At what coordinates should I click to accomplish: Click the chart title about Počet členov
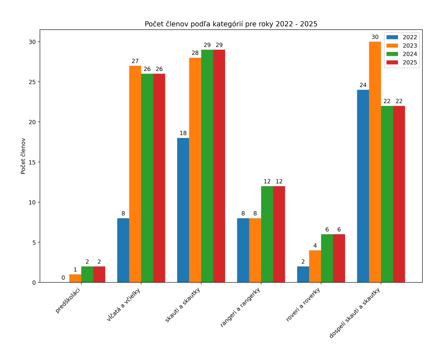(231, 24)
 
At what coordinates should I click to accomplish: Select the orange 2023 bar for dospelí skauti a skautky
(375, 162)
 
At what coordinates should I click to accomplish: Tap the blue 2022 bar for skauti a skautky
(183, 210)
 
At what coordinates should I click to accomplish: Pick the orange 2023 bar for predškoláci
(75, 278)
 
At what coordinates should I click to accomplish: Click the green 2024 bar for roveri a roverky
(327, 258)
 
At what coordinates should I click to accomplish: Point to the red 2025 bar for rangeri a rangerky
(279, 234)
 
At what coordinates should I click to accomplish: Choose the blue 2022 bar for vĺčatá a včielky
(123, 250)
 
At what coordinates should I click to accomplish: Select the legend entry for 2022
(401, 37)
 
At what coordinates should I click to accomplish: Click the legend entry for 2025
(401, 63)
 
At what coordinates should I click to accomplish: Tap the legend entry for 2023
(401, 46)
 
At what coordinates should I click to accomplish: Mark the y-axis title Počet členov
(23, 156)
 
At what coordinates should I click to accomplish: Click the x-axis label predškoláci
(68, 300)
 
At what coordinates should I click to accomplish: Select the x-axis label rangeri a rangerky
(241, 308)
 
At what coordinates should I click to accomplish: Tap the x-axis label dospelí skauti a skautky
(355, 313)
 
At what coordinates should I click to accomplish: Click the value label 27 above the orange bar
(135, 61)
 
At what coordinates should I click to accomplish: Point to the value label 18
(183, 133)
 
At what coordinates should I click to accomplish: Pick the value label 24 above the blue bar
(363, 85)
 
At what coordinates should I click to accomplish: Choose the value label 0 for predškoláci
(63, 278)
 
